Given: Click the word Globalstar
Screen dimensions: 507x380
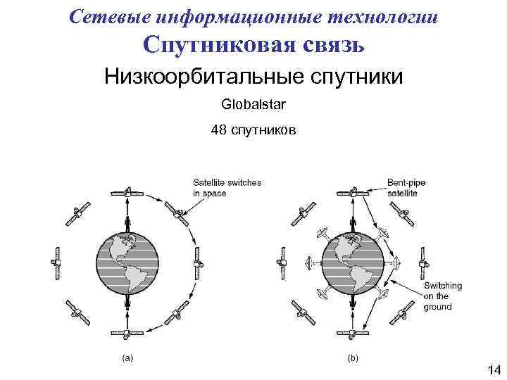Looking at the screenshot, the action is coord(253,105).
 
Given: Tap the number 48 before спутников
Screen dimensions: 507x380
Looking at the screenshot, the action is coord(218,130).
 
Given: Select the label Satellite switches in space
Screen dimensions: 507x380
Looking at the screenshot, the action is coord(227,188).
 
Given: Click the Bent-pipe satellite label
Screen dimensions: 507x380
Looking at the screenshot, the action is coord(406,188).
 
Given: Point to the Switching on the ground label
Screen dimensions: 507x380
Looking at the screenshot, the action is coord(443,296).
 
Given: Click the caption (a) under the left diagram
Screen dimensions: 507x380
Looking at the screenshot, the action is coord(127,358).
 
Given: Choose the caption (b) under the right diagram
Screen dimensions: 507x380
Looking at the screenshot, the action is coord(353,358).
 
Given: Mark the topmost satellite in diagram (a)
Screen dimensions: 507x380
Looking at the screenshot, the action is coord(127,191).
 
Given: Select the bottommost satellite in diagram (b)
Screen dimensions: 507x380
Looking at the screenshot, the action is coord(352,334).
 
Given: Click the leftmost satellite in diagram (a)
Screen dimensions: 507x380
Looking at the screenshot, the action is coord(56,262).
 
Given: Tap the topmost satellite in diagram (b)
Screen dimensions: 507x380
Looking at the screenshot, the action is coord(352,191).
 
